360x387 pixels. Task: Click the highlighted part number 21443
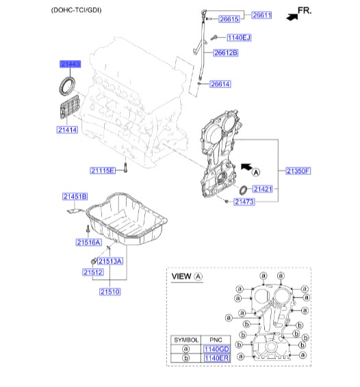point(70,64)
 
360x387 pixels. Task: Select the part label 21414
point(67,130)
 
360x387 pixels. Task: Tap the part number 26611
point(261,15)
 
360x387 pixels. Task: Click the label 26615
point(229,19)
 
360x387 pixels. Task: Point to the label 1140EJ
point(239,38)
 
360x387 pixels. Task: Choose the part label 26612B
point(226,53)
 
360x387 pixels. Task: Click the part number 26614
point(220,84)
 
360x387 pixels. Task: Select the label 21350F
point(298,170)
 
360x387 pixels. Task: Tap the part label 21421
point(262,189)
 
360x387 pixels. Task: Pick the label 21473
point(244,202)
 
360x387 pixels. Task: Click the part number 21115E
point(103,170)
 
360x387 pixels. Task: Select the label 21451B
point(75,196)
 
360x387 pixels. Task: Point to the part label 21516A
point(89,242)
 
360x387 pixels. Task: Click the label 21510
point(110,292)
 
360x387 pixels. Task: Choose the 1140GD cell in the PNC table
point(216,349)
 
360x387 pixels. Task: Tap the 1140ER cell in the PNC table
point(216,358)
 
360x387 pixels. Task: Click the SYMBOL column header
point(186,340)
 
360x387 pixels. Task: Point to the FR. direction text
point(305,11)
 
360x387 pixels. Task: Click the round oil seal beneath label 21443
point(67,86)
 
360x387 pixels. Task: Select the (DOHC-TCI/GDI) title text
point(76,10)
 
